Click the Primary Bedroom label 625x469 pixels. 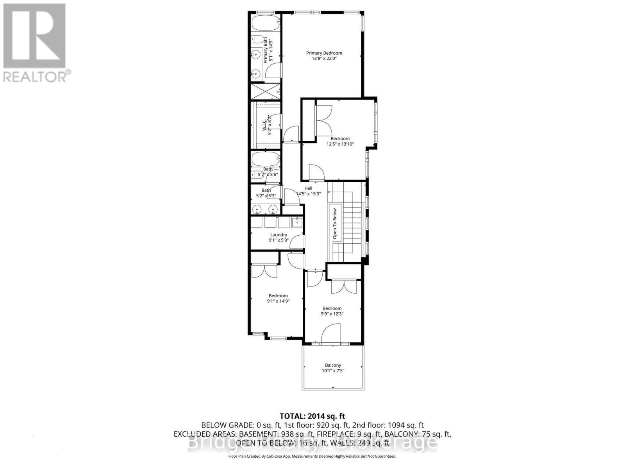click(324, 53)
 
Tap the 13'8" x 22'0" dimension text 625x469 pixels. click(324, 59)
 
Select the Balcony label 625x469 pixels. click(333, 365)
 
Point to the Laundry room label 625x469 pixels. click(279, 235)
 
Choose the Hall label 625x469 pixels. click(308, 188)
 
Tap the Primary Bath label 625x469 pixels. click(265, 50)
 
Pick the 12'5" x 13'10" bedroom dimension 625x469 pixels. click(340, 144)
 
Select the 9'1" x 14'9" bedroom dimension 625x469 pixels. click(278, 301)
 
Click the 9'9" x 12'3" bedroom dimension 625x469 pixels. click(332, 314)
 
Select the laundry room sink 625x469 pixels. click(296, 222)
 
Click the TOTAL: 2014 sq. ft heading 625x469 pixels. click(312, 416)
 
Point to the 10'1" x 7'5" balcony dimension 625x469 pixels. click(333, 371)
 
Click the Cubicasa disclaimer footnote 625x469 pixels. click(312, 456)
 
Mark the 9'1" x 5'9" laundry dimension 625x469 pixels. click(279, 240)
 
